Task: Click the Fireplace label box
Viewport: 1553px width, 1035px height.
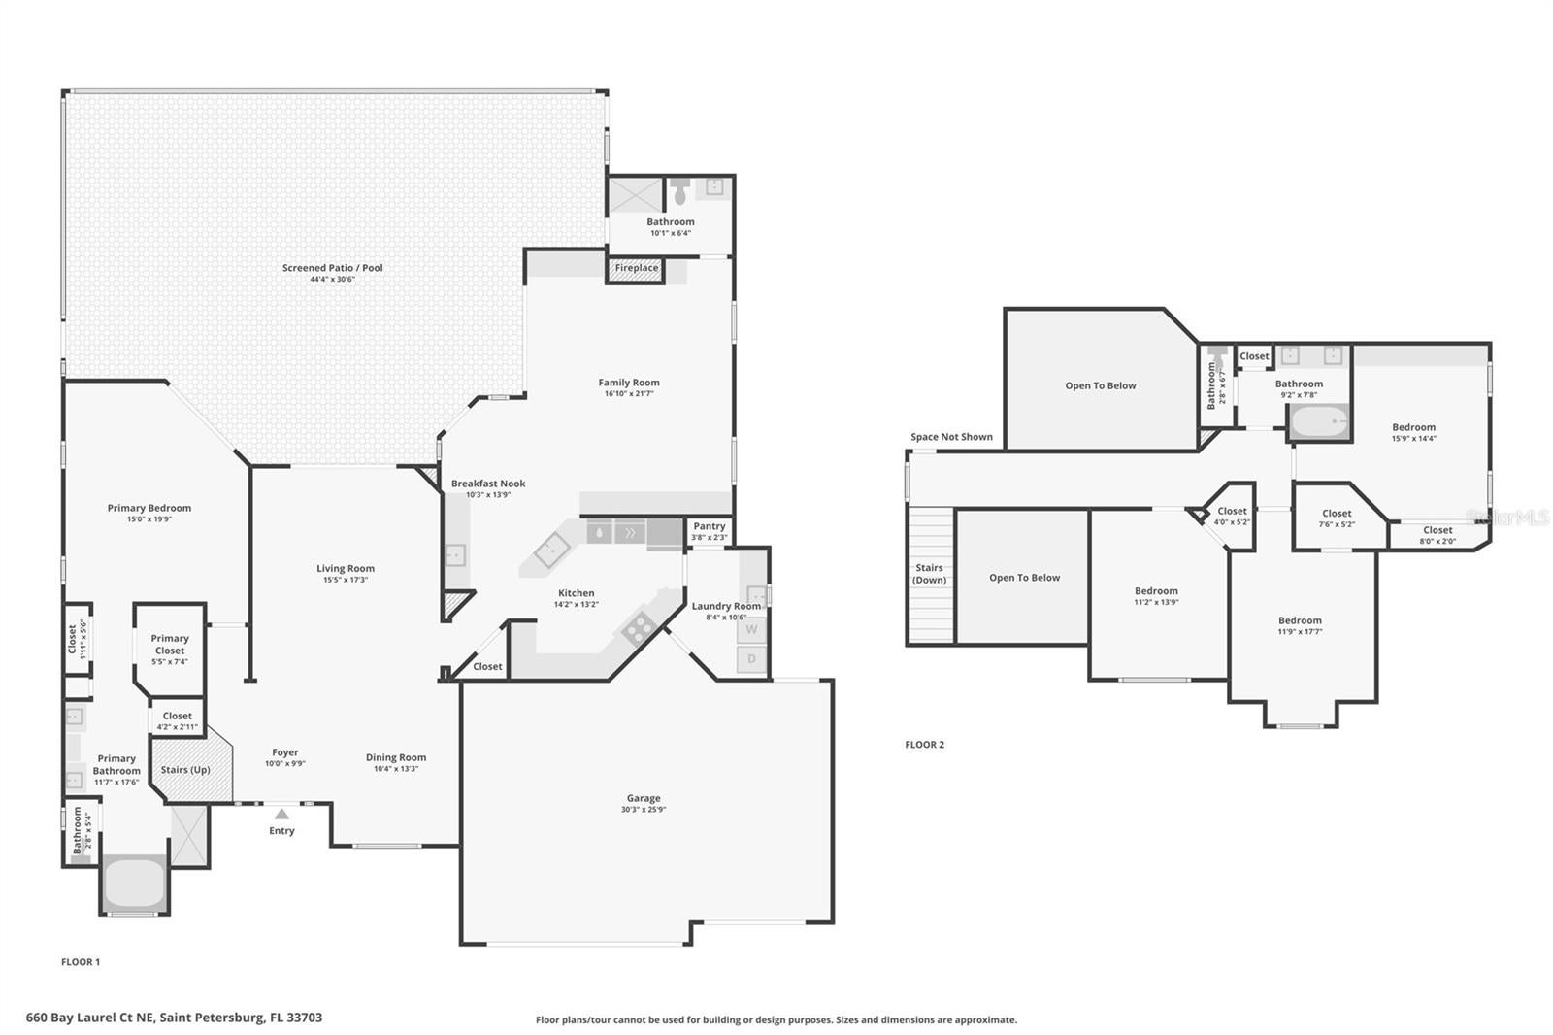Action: click(636, 269)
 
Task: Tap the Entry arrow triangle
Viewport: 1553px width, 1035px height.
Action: click(281, 815)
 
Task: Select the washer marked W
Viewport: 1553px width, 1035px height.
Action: click(751, 629)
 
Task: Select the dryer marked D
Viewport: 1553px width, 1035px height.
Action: click(751, 659)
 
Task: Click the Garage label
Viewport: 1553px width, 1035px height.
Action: click(644, 798)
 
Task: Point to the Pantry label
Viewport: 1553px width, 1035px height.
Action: click(710, 526)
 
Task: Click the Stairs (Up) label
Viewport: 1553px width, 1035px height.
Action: click(185, 770)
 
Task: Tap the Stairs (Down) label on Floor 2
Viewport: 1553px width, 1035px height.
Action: click(929, 574)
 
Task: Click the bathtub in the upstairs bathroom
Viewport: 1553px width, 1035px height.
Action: click(1319, 422)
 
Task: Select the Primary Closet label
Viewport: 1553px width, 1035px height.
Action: click(170, 645)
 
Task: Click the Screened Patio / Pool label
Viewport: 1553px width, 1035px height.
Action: click(333, 268)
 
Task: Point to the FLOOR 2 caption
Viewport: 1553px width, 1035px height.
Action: click(924, 745)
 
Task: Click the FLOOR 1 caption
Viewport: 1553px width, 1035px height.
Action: click(81, 962)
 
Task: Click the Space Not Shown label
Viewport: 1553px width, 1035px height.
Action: click(951, 437)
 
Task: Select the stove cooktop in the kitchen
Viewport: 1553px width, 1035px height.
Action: click(638, 629)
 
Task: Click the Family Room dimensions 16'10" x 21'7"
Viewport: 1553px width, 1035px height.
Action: click(629, 393)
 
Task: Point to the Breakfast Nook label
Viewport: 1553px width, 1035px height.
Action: click(488, 484)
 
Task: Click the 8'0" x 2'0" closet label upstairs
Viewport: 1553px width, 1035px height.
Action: click(1437, 541)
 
